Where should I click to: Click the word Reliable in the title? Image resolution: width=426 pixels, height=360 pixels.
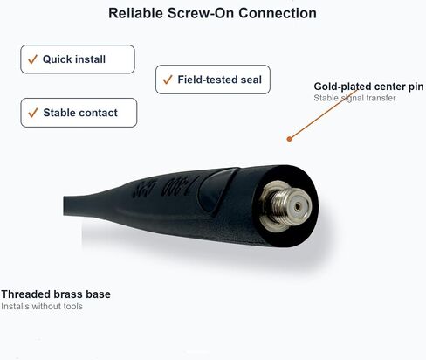pos(135,13)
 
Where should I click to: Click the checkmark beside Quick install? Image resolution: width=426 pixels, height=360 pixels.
pos(32,59)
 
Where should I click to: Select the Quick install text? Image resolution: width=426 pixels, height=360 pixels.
pos(74,59)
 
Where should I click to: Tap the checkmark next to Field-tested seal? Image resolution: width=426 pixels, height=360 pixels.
pos(168,80)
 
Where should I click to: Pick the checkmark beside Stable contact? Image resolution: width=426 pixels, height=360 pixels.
pos(33,113)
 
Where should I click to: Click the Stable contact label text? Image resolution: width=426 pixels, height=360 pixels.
pos(80,113)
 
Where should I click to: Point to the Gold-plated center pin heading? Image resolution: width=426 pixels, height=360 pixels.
pos(368,87)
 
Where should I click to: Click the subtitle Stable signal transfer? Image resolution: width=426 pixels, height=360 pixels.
pos(354,98)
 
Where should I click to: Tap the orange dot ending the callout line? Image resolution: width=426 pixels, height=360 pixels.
pos(289,139)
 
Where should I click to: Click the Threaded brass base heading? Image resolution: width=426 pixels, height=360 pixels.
pos(56,294)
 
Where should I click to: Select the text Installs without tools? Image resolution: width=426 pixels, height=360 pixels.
pos(42,307)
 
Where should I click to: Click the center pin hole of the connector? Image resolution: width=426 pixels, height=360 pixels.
pos(297,207)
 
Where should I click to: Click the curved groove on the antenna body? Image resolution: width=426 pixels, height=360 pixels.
pos(218,190)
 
